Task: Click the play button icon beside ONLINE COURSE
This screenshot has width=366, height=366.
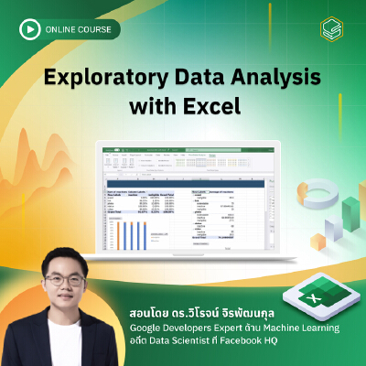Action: pos(30,30)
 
